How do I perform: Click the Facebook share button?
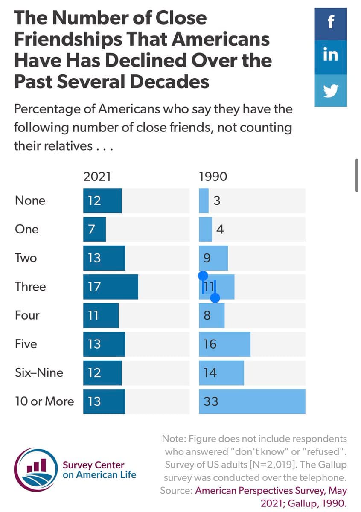click(330, 24)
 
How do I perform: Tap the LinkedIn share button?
click(330, 55)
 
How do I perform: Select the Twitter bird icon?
click(330, 90)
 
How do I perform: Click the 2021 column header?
click(97, 177)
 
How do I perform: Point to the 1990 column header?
click(213, 177)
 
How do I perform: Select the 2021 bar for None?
click(102, 201)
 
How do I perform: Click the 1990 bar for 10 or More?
click(252, 401)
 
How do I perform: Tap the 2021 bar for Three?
click(111, 287)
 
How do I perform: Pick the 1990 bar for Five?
click(224, 344)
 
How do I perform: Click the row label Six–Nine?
click(39, 373)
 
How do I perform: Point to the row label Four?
click(27, 315)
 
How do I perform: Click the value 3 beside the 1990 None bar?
click(217, 201)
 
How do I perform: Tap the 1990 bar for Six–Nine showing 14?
click(221, 373)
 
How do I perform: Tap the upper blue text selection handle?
click(203, 276)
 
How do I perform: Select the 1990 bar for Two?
click(213, 258)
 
